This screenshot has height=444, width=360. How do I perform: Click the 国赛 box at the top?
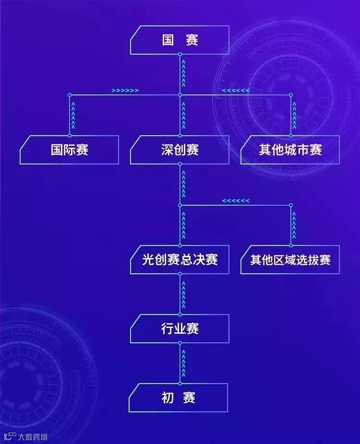point(180,40)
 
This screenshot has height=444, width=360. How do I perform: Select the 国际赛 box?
point(70,150)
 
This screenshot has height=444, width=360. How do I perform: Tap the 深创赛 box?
point(180,150)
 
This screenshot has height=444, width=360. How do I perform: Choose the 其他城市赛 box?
point(290,150)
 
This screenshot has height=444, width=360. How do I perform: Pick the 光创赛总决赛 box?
point(180,260)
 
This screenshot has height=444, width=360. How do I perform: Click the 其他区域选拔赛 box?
point(290,260)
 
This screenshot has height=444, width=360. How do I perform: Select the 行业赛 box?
point(180,329)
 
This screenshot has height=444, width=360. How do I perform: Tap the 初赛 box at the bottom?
point(179,398)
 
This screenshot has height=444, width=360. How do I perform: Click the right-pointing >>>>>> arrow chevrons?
point(125,90)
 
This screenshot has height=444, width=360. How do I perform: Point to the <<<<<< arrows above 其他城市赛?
point(235,90)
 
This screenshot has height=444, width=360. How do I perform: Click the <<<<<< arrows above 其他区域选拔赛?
point(235,200)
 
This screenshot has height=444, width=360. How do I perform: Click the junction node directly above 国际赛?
point(70,95)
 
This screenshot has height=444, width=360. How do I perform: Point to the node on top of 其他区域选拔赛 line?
point(290,205)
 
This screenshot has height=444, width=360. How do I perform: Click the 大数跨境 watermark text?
point(33,437)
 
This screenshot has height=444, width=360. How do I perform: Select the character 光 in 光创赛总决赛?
point(148,260)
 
